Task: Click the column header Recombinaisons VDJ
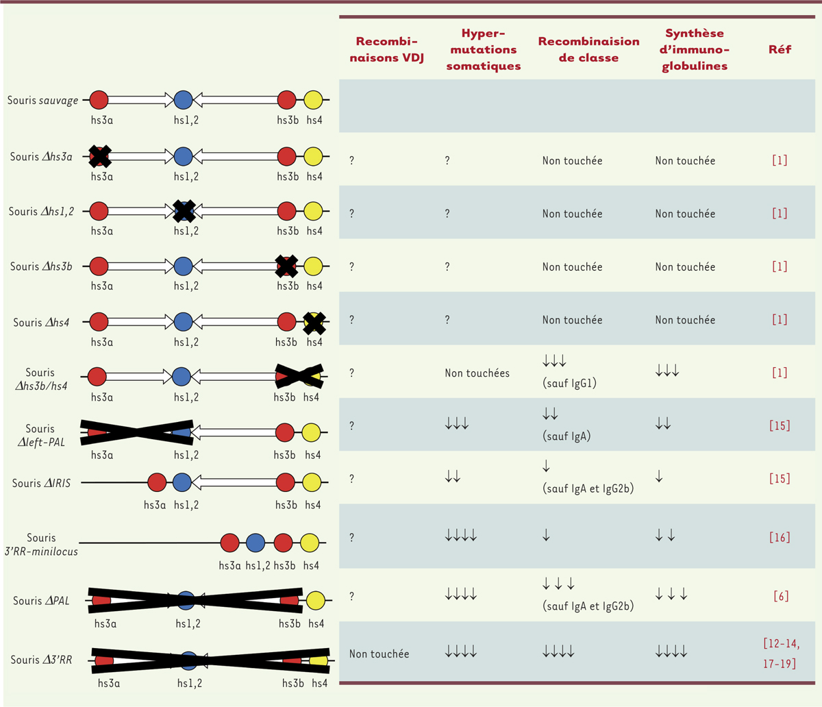pyautogui.click(x=387, y=49)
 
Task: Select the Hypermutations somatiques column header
pyautogui.click(x=483, y=49)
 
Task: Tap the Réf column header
pyautogui.click(x=780, y=49)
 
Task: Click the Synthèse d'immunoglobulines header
pyautogui.click(x=695, y=49)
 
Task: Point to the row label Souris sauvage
pyautogui.click(x=42, y=100)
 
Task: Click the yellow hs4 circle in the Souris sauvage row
pyautogui.click(x=313, y=100)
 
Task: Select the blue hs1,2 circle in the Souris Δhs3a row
pyautogui.click(x=182, y=156)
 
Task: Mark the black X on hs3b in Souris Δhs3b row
pyautogui.click(x=286, y=266)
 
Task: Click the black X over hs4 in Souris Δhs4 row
pyautogui.click(x=314, y=322)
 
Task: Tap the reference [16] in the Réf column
pyautogui.click(x=780, y=538)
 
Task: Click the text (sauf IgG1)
pyautogui.click(x=569, y=383)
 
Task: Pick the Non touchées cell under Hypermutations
pyautogui.click(x=477, y=373)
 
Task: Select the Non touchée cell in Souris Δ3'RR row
pyautogui.click(x=379, y=654)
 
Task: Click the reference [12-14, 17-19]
pyautogui.click(x=780, y=654)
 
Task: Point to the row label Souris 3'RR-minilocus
pyautogui.click(x=41, y=545)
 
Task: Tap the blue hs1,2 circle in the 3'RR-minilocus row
pyautogui.click(x=256, y=543)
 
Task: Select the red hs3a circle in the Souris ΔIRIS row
pyautogui.click(x=157, y=482)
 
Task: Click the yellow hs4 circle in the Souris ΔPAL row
pyautogui.click(x=316, y=601)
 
